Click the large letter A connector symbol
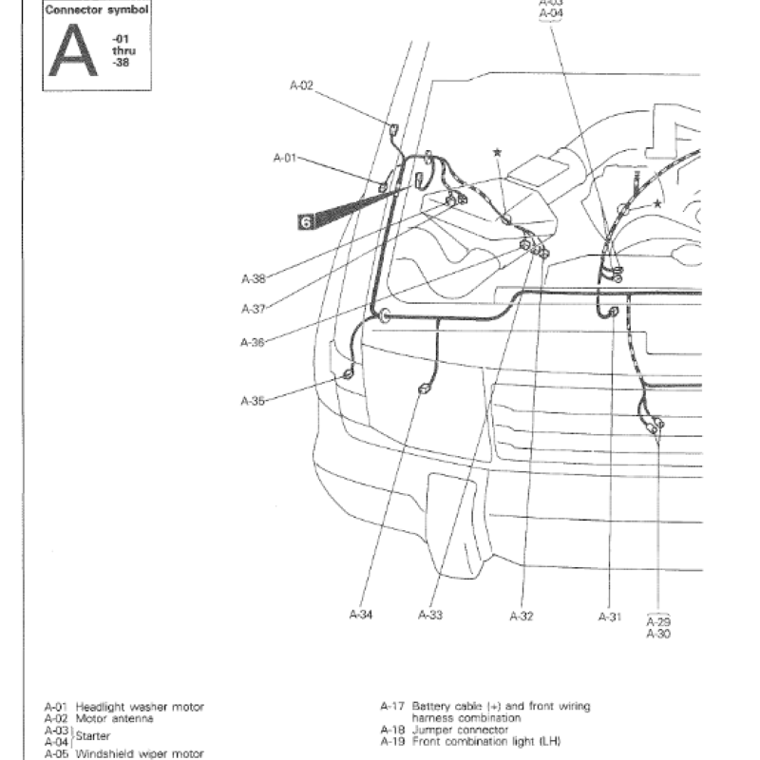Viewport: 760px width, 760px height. click(73, 51)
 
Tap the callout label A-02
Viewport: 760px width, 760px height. click(301, 85)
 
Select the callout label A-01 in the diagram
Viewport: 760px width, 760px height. click(285, 157)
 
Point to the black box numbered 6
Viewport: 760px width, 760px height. click(306, 221)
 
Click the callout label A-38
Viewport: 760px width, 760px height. click(254, 279)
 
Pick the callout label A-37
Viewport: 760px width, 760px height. click(254, 309)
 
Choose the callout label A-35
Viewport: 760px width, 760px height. click(253, 401)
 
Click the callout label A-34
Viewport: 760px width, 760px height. click(360, 616)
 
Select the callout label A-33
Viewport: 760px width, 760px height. click(430, 616)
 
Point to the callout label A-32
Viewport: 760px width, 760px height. click(522, 616)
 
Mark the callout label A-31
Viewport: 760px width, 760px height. click(609, 616)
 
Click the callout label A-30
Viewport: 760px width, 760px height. click(657, 633)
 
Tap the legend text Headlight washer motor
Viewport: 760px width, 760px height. click(140, 708)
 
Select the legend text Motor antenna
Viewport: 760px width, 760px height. click(114, 719)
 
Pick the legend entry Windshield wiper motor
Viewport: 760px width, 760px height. click(140, 753)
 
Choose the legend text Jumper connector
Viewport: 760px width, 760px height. click(460, 730)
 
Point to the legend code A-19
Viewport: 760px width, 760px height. click(393, 741)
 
